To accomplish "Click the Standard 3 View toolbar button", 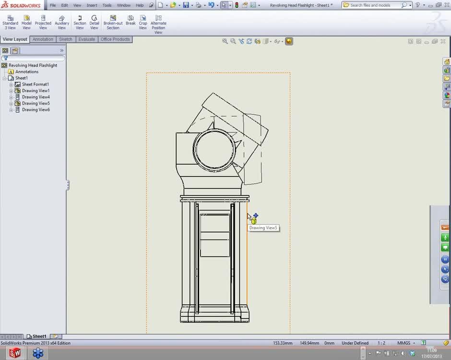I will point(10,22).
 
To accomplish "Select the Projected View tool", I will point(43,22).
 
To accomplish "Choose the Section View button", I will point(80,22).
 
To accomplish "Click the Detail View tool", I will point(94,22).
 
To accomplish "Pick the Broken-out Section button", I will point(113,22).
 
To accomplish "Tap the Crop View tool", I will point(143,22).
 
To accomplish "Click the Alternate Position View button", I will point(158,24).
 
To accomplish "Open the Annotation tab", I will point(43,39).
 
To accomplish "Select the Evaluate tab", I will point(86,39).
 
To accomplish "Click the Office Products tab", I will point(115,39).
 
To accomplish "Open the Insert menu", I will point(92,5).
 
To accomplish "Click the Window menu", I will point(123,5).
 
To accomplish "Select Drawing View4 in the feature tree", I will point(36,97).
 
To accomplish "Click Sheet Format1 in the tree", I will point(35,84).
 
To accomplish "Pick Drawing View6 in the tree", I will point(36,110).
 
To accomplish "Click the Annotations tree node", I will point(26,72).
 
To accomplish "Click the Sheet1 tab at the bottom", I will point(39,336).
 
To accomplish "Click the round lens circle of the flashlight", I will point(215,150).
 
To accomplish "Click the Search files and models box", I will point(374,5).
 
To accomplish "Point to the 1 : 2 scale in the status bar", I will point(381,343).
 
